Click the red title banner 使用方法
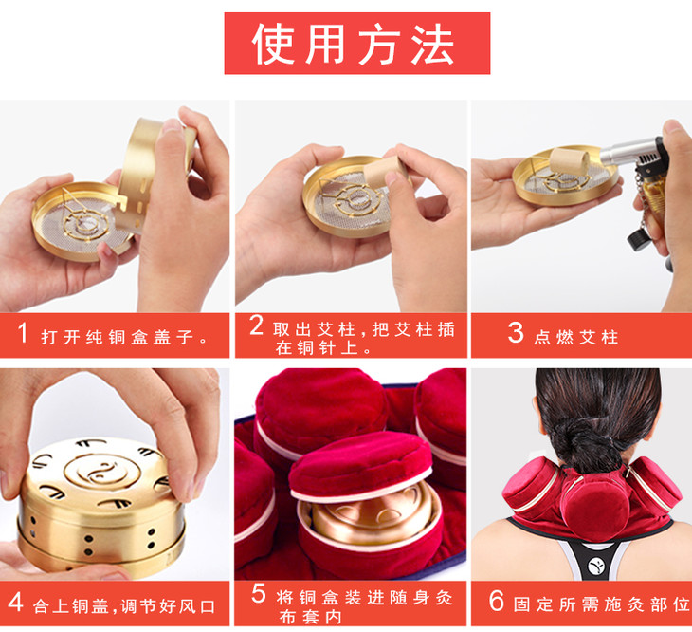pyautogui.click(x=357, y=44)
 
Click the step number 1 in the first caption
pyautogui.click(x=23, y=332)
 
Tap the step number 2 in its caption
pyautogui.click(x=256, y=325)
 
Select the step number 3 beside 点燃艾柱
pyautogui.click(x=516, y=332)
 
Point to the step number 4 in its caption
pyautogui.click(x=15, y=602)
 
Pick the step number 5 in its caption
pyautogui.click(x=259, y=594)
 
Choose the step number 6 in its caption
pyautogui.click(x=497, y=601)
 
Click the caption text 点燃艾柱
pyautogui.click(x=576, y=338)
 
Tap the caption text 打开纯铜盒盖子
pyautogui.click(x=124, y=338)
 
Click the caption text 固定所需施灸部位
pyautogui.click(x=602, y=604)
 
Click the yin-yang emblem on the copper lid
pyautogui.click(x=102, y=472)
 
